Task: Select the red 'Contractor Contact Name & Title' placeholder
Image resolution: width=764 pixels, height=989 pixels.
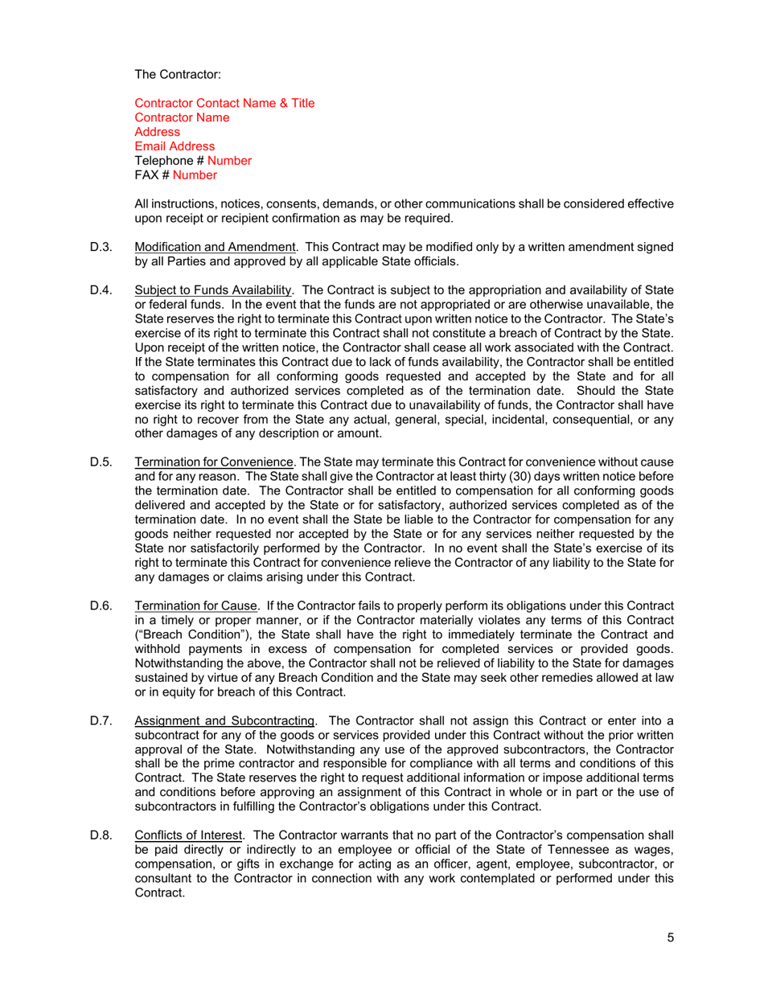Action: [x=224, y=103]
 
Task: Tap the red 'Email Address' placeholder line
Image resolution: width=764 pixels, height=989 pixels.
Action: [x=175, y=146]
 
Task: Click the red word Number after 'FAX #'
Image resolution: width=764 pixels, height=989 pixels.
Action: [x=195, y=174]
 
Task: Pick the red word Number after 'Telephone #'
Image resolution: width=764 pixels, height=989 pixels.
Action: [x=229, y=161]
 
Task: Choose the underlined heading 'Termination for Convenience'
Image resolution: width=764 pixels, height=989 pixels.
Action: [x=214, y=463]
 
